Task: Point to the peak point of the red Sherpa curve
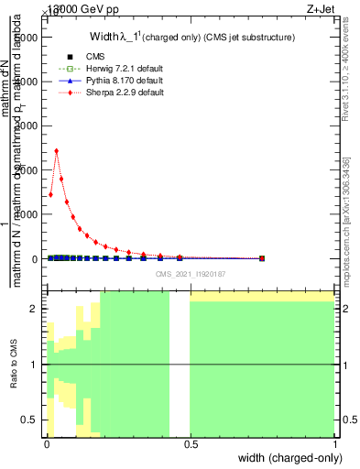[x=57, y=151]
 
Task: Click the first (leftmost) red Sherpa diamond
[x=50, y=194]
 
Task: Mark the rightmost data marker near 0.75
[x=262, y=258]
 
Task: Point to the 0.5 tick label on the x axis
[x=190, y=444]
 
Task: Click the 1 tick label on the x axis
[x=334, y=444]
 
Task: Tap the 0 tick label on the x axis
[x=46, y=444]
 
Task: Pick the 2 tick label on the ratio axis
[x=33, y=309]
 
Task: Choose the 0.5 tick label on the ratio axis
[x=29, y=420]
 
